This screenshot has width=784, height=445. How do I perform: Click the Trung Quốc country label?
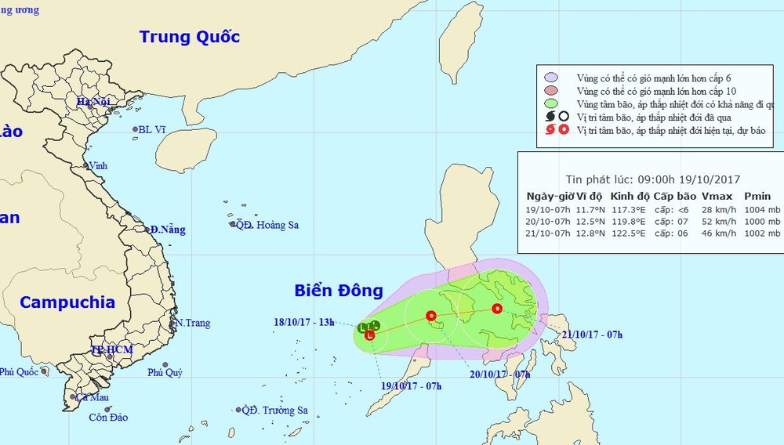click(189, 36)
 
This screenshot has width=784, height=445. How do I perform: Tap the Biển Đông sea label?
click(339, 291)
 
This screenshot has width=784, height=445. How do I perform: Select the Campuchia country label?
click(67, 302)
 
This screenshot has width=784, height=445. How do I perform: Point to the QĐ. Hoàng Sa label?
click(269, 225)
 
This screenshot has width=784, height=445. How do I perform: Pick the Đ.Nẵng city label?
click(168, 230)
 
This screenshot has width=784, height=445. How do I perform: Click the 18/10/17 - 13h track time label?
click(304, 321)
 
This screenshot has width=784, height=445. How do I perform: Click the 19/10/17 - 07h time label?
click(412, 385)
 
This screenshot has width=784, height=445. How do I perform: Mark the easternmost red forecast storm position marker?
click(496, 308)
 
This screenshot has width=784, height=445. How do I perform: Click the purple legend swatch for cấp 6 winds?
click(551, 78)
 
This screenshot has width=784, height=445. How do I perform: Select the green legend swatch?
click(551, 104)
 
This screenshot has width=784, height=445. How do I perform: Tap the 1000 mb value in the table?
click(764, 222)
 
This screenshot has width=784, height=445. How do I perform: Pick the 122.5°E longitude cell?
click(629, 233)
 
